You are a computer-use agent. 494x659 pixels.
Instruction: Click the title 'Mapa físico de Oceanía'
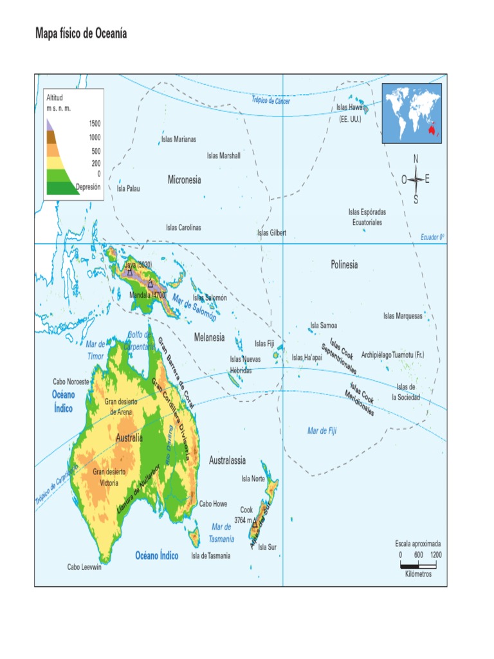click(81, 33)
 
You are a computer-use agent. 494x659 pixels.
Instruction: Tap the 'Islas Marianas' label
click(179, 139)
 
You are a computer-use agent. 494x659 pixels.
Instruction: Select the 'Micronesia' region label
click(184, 180)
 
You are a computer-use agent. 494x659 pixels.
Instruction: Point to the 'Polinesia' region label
click(344, 265)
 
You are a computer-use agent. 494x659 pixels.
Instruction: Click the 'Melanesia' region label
click(209, 337)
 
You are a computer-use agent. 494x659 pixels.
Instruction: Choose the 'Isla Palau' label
click(128, 189)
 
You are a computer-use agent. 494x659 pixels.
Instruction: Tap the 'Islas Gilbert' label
click(271, 233)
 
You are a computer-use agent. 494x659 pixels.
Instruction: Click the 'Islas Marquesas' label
click(403, 315)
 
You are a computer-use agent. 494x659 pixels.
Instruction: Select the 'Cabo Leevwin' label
click(84, 567)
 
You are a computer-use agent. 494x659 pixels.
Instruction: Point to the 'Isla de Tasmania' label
click(210, 556)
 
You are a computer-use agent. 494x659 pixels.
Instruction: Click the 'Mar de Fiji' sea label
click(322, 431)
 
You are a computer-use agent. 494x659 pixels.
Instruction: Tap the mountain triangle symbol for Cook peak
click(255, 523)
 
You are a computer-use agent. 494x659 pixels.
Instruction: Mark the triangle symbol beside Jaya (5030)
click(130, 272)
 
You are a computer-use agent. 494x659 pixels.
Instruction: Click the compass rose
click(416, 179)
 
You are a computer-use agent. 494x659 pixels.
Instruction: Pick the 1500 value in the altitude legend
click(95, 122)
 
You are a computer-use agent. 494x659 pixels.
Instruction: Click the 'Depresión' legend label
click(88, 187)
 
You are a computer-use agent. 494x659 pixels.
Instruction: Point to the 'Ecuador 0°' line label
click(432, 237)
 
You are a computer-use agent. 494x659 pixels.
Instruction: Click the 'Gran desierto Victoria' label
click(109, 477)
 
